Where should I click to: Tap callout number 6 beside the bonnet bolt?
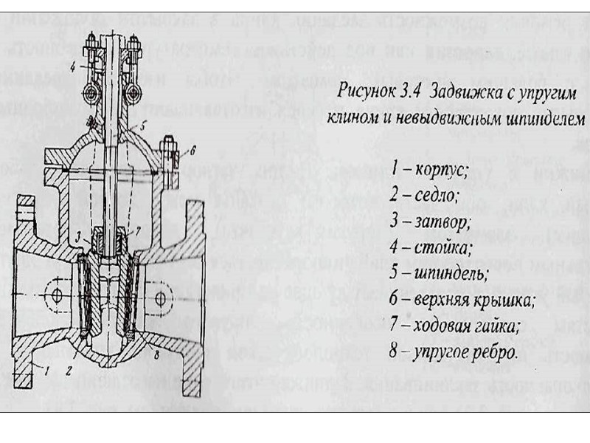pos(193,149)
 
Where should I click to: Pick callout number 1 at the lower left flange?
pos(46,367)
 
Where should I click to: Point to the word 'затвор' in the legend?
pos(440,221)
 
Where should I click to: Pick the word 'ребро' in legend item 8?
pos(494,353)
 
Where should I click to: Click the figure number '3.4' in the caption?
pos(402,94)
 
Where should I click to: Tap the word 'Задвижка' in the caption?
pos(451,94)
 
